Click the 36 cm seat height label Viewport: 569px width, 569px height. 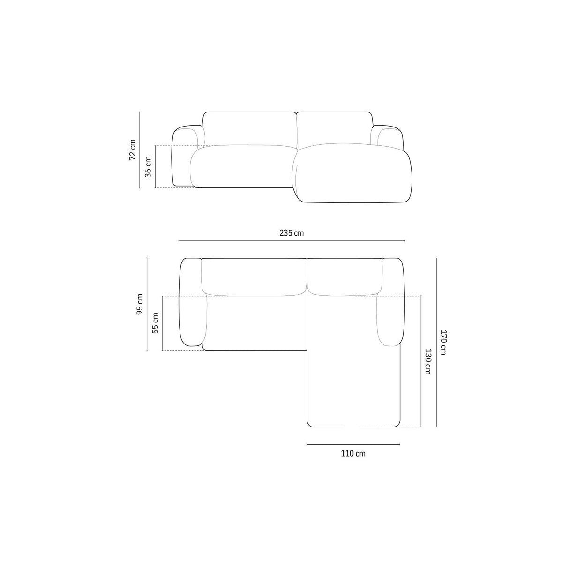pos(148,166)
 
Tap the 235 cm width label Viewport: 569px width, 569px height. pos(291,233)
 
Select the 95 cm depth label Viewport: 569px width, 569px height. pos(140,305)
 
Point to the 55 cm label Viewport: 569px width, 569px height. pos(156,323)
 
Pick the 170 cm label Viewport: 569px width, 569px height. pos(443,343)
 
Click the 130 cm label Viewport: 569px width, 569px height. pos(427,361)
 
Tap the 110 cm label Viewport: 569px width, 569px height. pos(353,453)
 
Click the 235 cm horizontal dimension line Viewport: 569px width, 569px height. pos(291,241)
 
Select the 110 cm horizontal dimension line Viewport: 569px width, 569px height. pos(353,444)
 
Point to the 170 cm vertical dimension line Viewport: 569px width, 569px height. pos(436,343)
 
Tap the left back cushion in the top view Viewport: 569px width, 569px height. pos(253,277)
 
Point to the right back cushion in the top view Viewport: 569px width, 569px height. pos(344,277)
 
